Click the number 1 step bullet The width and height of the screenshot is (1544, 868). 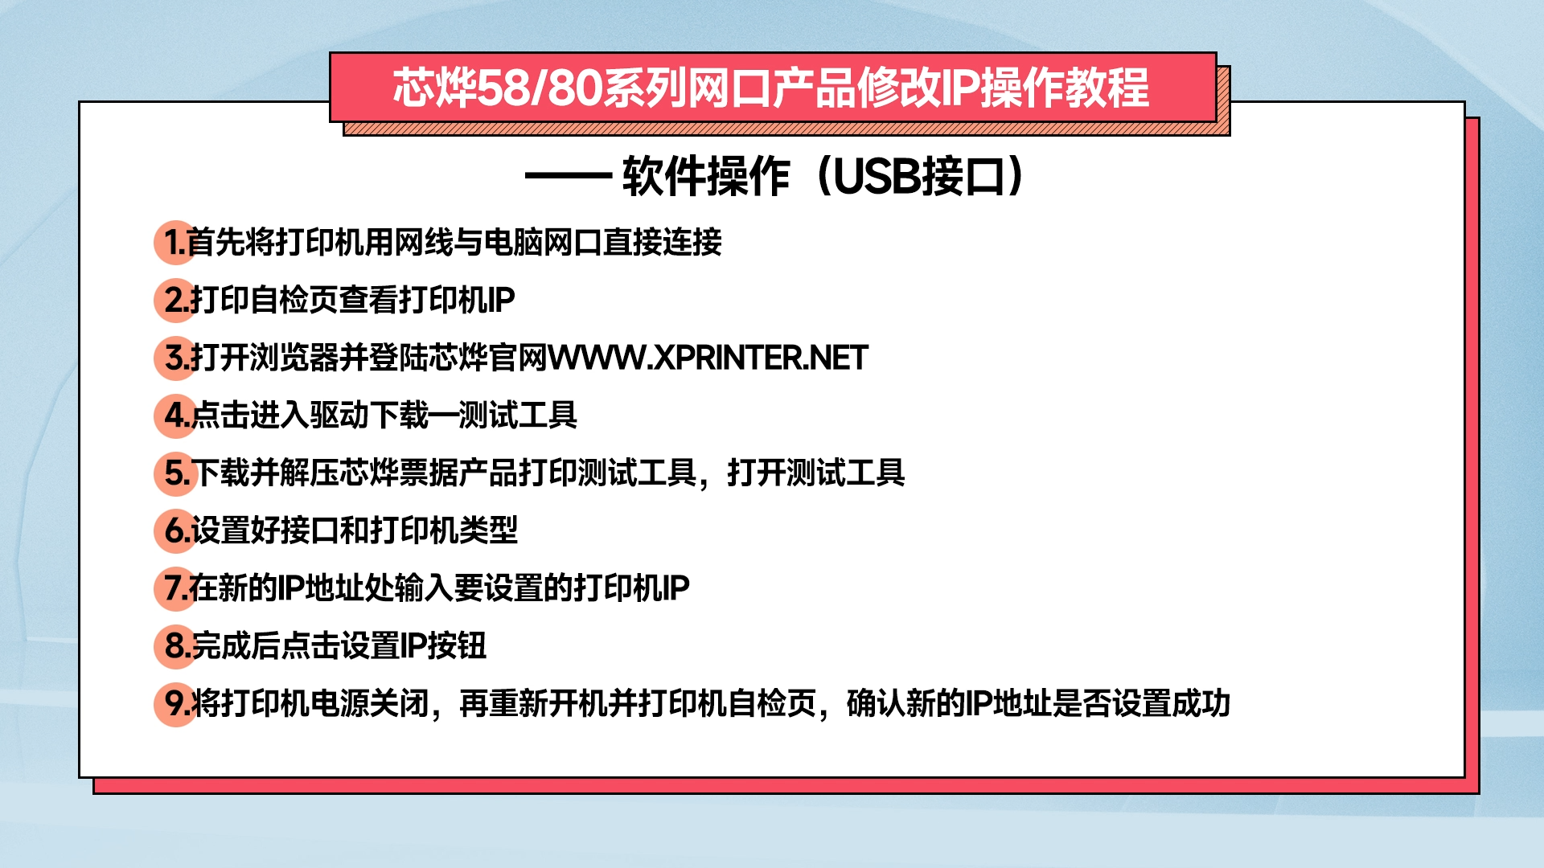pyautogui.click(x=175, y=242)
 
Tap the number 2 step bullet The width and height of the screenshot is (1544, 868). pyautogui.click(x=175, y=300)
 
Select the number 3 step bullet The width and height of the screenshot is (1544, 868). pyautogui.click(x=175, y=358)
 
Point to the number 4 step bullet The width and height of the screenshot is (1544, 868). pyautogui.click(x=175, y=416)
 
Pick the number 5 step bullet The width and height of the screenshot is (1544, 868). pyautogui.click(x=175, y=473)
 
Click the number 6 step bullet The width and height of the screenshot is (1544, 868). pyautogui.click(x=175, y=530)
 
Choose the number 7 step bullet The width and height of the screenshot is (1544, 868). pyautogui.click(x=175, y=588)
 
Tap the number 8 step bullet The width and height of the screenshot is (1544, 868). pyautogui.click(x=175, y=646)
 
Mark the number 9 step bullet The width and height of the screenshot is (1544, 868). pyautogui.click(x=175, y=704)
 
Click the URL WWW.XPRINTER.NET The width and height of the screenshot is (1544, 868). pyautogui.click(x=708, y=358)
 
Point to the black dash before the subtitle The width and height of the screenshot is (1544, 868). pyautogui.click(x=569, y=176)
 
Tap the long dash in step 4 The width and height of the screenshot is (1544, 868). pyautogui.click(x=443, y=416)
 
